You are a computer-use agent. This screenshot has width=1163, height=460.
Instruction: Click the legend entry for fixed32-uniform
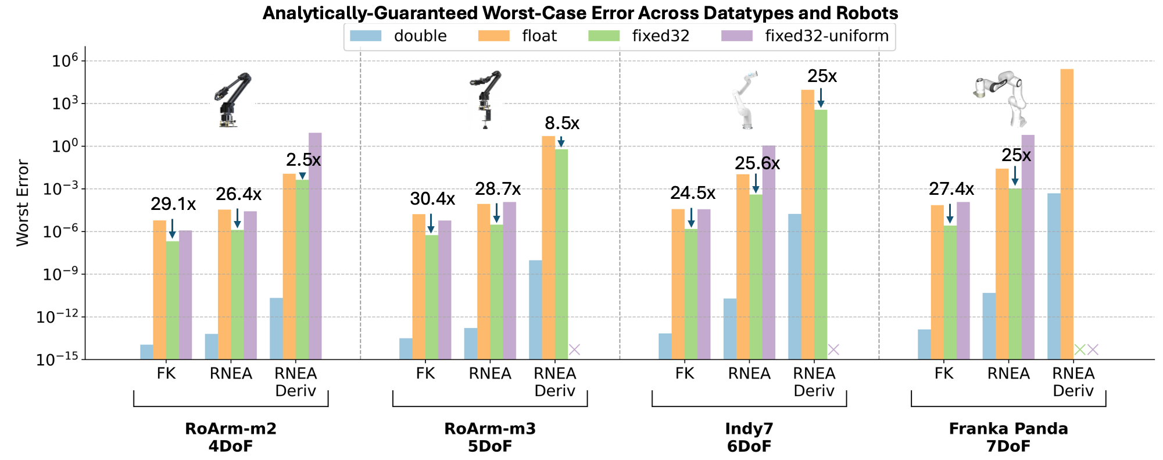[x=826, y=36]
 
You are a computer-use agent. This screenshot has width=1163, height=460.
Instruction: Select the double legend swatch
[x=366, y=36]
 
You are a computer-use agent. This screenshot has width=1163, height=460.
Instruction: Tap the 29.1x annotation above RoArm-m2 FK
[x=173, y=204]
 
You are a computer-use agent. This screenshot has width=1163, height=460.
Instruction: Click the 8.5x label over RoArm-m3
[x=561, y=123]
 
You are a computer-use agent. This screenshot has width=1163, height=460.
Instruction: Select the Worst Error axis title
[x=22, y=203]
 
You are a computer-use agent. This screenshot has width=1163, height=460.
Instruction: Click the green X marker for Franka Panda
[x=1079, y=350]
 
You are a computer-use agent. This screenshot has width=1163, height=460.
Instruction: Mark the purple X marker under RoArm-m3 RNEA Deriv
[x=574, y=350]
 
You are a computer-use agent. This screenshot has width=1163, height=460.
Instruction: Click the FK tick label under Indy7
[x=685, y=373]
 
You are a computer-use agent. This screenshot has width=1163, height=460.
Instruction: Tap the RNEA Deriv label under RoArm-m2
[x=295, y=381]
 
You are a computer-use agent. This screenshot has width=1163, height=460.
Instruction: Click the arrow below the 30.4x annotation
[x=431, y=223]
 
